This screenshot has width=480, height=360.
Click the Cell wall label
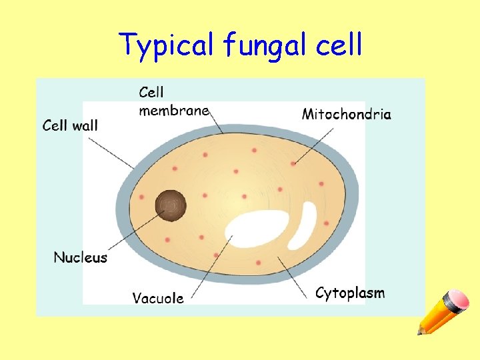70,125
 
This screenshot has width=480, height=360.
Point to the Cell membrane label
173,101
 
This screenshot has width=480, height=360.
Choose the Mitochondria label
347,114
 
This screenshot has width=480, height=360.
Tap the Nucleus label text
80,257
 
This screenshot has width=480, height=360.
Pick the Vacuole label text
158,298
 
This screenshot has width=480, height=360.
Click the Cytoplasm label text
350,293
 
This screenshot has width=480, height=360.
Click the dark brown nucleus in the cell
171,205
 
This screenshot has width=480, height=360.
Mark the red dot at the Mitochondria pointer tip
294,163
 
